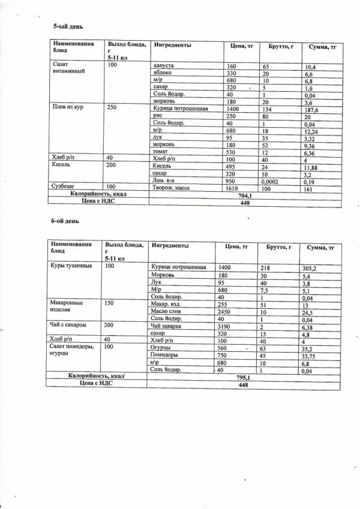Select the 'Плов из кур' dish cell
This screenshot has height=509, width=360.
point(69,108)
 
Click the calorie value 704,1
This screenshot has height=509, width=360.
point(245,195)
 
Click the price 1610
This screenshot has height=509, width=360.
point(235,188)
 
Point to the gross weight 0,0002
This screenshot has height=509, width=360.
point(272,180)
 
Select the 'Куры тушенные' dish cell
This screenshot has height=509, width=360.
point(73,266)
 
